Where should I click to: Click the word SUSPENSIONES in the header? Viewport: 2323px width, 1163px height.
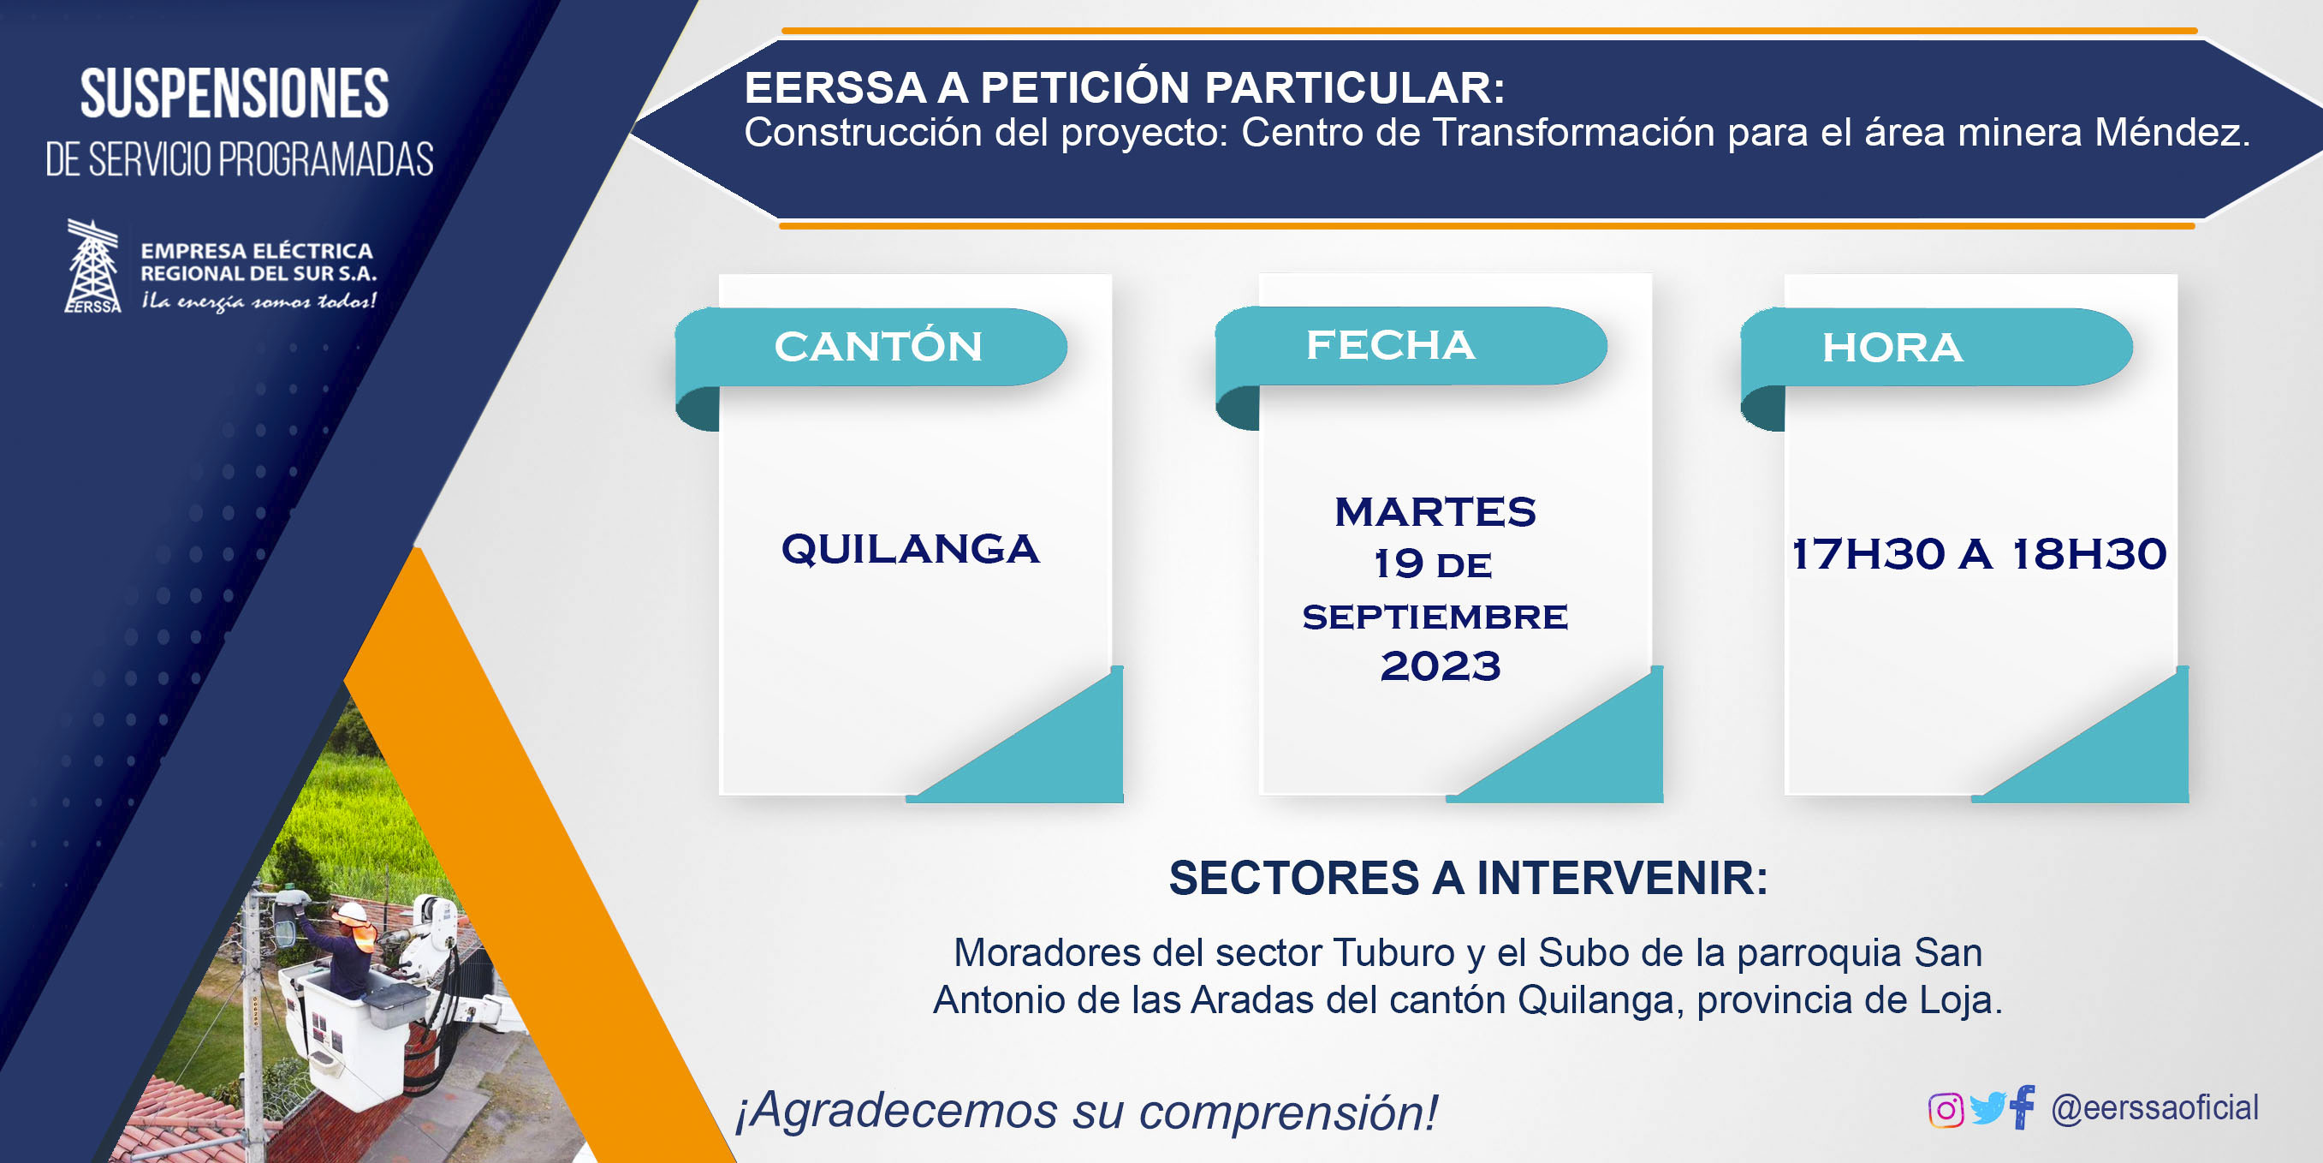[235, 94]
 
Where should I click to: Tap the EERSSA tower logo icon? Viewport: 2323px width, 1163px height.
[93, 266]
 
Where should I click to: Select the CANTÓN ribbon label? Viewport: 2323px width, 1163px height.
[878, 347]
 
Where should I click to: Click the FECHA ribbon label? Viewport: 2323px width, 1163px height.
[1391, 344]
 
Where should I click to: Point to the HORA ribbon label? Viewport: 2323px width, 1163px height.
[1892, 349]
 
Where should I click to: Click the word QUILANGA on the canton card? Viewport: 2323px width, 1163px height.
[910, 550]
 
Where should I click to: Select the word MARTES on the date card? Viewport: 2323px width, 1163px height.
[1435, 511]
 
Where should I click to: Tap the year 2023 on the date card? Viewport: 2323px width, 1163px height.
[1441, 666]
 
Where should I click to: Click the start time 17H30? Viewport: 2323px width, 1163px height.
[1867, 554]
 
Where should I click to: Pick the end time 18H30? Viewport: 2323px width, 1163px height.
[2089, 554]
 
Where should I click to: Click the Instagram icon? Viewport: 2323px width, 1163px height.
[1946, 1110]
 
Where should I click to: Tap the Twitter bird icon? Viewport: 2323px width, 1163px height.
[1987, 1108]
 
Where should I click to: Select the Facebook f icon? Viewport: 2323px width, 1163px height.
[2022, 1106]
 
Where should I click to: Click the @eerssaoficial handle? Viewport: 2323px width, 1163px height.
[2154, 1108]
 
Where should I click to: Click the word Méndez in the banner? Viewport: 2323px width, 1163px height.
[2172, 133]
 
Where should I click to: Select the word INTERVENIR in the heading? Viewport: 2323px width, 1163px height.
[1621, 878]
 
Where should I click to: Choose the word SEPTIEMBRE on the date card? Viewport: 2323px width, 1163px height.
[1435, 617]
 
